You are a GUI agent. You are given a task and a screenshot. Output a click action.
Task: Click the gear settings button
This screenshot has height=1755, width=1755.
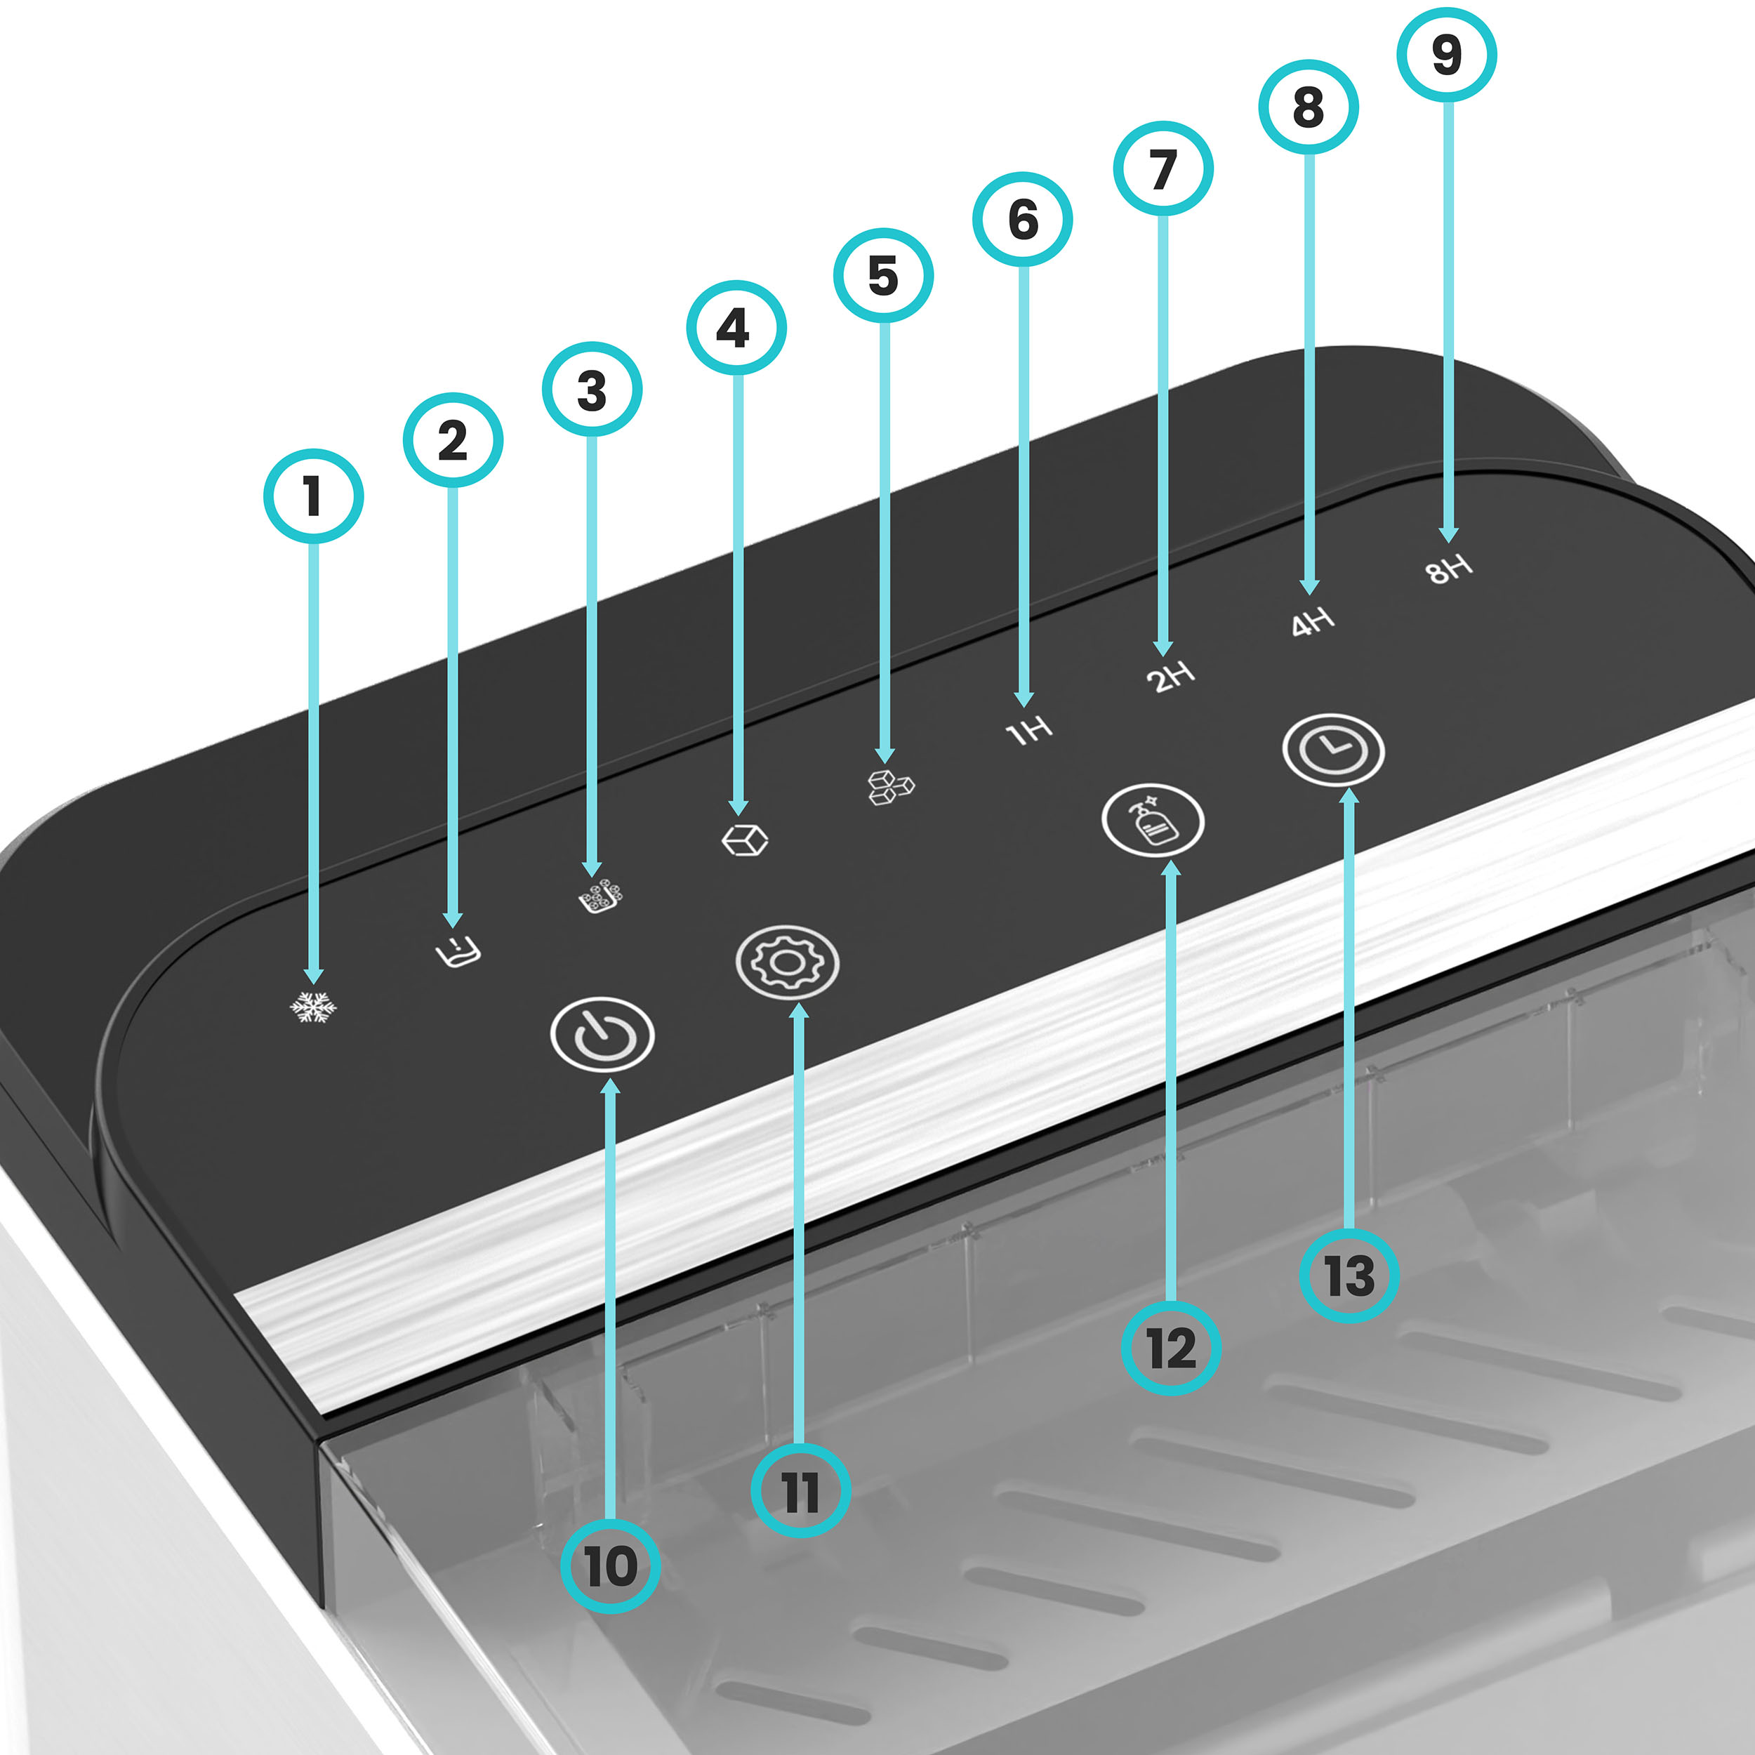pos(788,962)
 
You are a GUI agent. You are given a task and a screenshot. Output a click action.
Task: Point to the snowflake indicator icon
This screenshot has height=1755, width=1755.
pos(313,1007)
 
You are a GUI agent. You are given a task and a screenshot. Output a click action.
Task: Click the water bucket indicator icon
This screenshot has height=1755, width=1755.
pos(457,951)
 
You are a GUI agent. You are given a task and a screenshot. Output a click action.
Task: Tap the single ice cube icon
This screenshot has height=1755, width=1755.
pos(745,840)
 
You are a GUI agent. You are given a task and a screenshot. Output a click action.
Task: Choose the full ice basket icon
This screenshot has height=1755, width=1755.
pos(602,896)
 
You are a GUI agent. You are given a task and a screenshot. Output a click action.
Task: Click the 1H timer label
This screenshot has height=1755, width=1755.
pos(1029,729)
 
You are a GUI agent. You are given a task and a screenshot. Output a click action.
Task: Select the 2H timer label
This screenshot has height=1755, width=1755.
pos(1170,677)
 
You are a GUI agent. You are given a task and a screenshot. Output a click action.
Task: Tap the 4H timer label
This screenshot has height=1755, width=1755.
pos(1313,622)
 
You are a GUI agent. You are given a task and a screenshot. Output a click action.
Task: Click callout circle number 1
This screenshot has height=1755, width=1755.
pos(313,496)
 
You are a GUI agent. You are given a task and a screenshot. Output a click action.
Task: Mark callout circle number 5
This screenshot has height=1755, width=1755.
pos(883,275)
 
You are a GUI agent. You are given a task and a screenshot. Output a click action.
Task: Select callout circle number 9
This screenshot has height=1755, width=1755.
pos(1447,55)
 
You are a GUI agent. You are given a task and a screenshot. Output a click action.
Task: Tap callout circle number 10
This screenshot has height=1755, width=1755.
pos(611,1566)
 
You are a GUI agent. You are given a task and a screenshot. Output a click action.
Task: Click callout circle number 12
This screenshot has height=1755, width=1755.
pos(1172,1348)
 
